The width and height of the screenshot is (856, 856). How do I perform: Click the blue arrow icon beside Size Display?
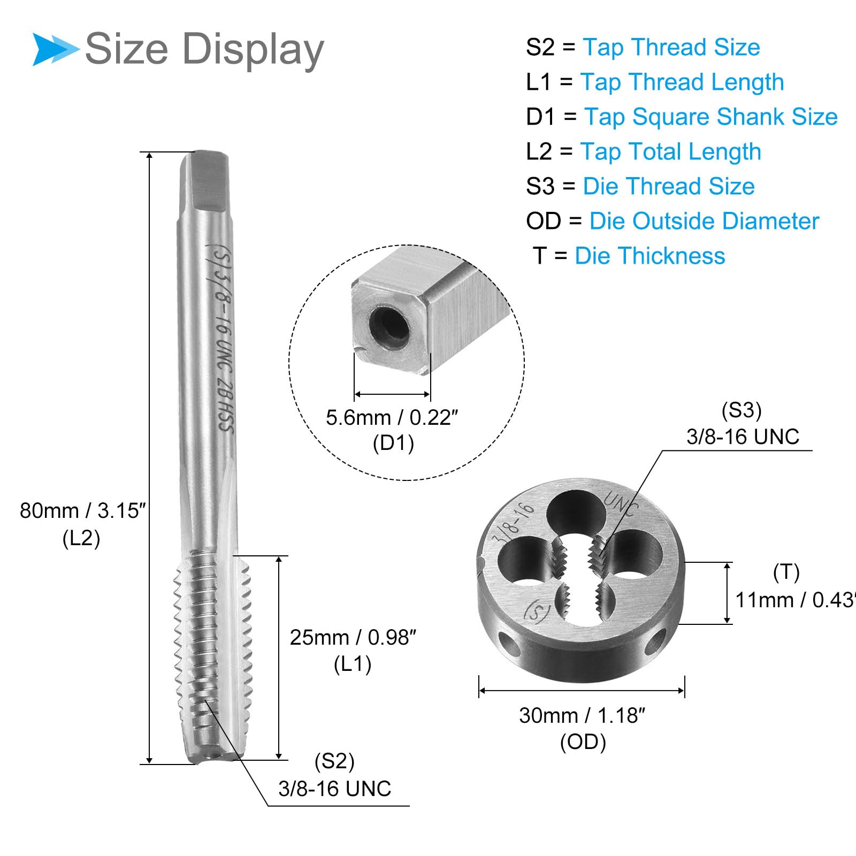(56, 49)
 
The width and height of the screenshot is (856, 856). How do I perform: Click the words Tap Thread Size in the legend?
(671, 47)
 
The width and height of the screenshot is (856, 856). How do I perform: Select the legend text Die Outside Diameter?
(704, 221)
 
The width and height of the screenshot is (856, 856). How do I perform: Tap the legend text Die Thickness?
(649, 256)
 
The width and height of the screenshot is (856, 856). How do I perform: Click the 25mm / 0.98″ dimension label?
(353, 638)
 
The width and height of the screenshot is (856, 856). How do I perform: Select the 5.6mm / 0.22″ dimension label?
(392, 418)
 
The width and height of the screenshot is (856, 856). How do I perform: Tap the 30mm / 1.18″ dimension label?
(582, 715)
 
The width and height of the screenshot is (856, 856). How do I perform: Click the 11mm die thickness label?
(795, 600)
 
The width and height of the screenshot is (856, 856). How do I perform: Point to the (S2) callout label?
(334, 761)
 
